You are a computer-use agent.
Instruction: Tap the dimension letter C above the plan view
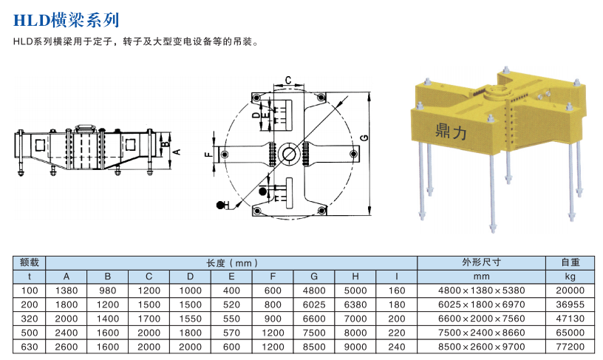pos(288,78)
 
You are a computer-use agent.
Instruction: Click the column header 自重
pos(570,262)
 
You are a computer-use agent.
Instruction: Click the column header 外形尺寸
pos(481,262)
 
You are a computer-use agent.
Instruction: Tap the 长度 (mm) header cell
pos(231,262)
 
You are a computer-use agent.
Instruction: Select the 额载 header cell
pos(30,262)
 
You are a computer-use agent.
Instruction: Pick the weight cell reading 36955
pos(570,304)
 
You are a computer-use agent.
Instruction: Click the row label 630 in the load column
pos(30,346)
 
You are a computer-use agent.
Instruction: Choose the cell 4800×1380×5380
pos(481,290)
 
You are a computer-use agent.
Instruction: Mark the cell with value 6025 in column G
pos(314,304)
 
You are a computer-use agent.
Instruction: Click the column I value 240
pos(397,346)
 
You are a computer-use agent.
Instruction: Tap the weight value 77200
pos(570,346)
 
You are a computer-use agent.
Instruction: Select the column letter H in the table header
pos(355,276)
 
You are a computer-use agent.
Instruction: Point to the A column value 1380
pos(67,290)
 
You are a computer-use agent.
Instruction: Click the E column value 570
pos(231,332)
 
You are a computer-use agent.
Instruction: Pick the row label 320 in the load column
pos(30,318)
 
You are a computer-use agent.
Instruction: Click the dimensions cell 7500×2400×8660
pos(481,332)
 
